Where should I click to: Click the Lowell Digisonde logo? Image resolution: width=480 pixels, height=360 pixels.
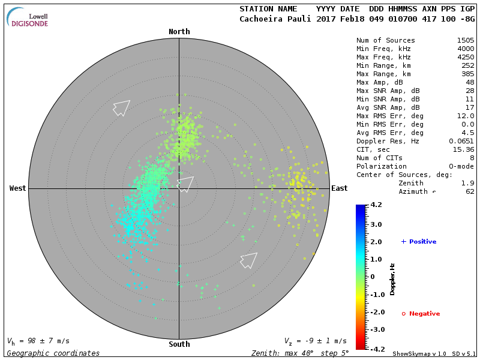[x=28, y=17]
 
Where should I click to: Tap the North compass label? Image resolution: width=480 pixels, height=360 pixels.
[x=179, y=32]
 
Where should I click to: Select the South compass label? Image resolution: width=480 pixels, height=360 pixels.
[x=179, y=344]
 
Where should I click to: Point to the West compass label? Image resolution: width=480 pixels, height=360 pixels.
[x=18, y=188]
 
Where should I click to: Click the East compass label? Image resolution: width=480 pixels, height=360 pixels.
[x=339, y=188]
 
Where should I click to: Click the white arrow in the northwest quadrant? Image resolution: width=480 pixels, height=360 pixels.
[x=121, y=107]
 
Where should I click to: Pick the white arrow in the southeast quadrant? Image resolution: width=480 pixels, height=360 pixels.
[x=248, y=260]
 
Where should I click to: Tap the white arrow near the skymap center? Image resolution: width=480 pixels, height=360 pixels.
[x=185, y=184]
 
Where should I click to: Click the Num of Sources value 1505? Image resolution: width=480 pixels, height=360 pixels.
[x=465, y=40]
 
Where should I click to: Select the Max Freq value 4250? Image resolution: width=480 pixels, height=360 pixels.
[x=465, y=57]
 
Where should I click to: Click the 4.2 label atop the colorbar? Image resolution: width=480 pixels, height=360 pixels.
[x=376, y=205]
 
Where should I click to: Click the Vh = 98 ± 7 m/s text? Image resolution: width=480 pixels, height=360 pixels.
[x=38, y=341]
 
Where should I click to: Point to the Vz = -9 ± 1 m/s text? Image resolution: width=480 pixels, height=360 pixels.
[x=315, y=341]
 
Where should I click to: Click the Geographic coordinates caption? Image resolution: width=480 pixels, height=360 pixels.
[x=53, y=353]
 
